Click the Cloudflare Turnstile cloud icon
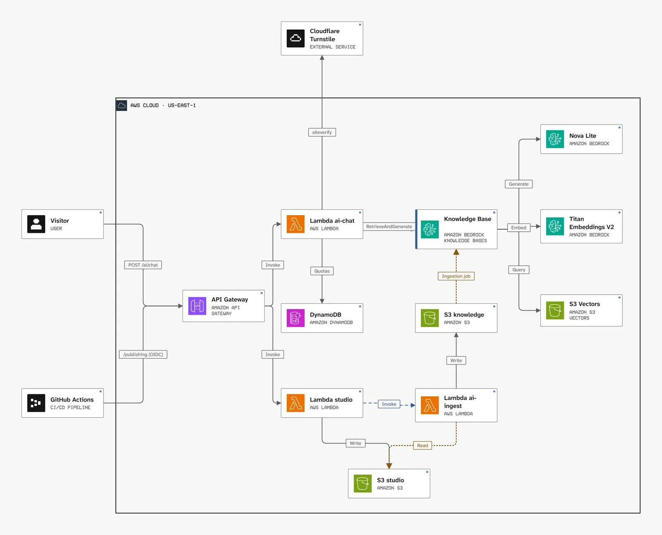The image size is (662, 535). (x=295, y=38)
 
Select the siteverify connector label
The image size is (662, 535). (x=321, y=132)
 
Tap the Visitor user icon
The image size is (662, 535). (x=36, y=224)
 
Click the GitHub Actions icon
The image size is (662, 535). (x=36, y=403)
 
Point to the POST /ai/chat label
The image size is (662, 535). (x=143, y=265)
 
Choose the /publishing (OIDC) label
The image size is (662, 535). (x=143, y=354)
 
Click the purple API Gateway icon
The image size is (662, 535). (x=197, y=306)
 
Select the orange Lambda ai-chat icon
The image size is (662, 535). (x=295, y=224)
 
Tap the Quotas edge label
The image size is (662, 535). (x=321, y=271)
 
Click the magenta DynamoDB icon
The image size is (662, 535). (x=295, y=318)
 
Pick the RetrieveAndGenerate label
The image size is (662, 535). (x=389, y=226)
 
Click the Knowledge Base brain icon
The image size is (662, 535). (x=429, y=229)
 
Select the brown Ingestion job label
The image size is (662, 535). (x=456, y=276)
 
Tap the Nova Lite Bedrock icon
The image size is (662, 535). (x=555, y=139)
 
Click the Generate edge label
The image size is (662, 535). (x=518, y=184)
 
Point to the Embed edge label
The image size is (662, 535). (x=518, y=227)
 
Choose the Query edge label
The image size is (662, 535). (x=518, y=269)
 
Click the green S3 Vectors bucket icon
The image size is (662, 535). (x=555, y=310)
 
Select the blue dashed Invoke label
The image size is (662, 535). (x=389, y=404)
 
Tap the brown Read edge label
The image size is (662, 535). (x=422, y=445)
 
